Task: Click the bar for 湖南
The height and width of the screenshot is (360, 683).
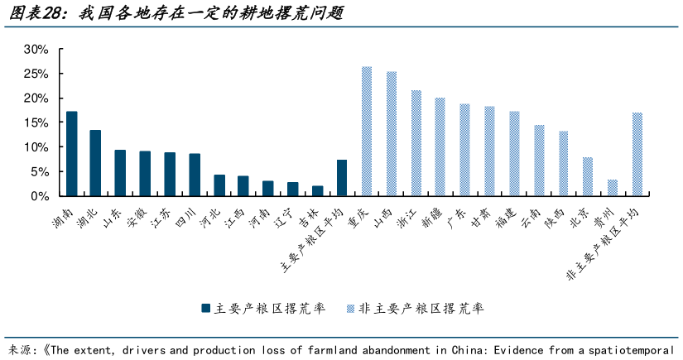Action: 72,154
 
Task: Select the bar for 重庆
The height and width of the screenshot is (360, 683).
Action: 367,132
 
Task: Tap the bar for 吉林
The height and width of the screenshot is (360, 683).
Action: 318,191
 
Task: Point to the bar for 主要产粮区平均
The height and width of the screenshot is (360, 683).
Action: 342,178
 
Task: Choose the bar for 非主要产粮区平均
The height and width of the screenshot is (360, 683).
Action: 637,155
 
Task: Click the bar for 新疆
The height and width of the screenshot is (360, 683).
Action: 440,147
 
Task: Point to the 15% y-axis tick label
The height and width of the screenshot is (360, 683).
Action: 36,123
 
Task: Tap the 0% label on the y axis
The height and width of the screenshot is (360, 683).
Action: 41,197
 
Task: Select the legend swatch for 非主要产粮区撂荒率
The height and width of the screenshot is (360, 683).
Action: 351,309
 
